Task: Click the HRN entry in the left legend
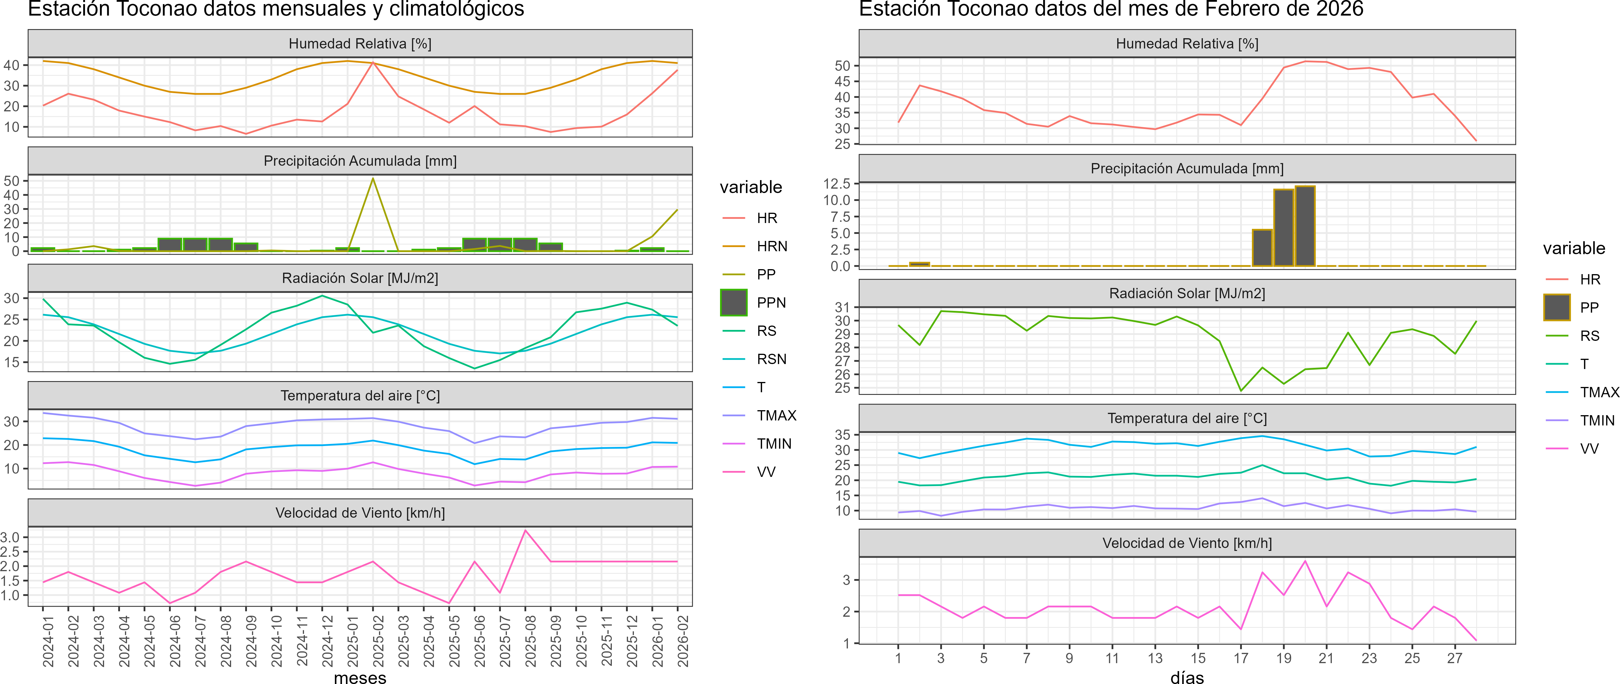pos(772,247)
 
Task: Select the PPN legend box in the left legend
pos(733,302)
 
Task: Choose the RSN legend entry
pos(771,359)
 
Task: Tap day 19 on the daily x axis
pos(1284,658)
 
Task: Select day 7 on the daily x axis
pos(1026,658)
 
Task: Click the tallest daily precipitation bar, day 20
pos(1305,226)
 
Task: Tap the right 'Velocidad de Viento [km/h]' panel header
pos(1187,543)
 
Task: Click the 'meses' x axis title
pos(360,677)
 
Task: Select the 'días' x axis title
pos(1187,677)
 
